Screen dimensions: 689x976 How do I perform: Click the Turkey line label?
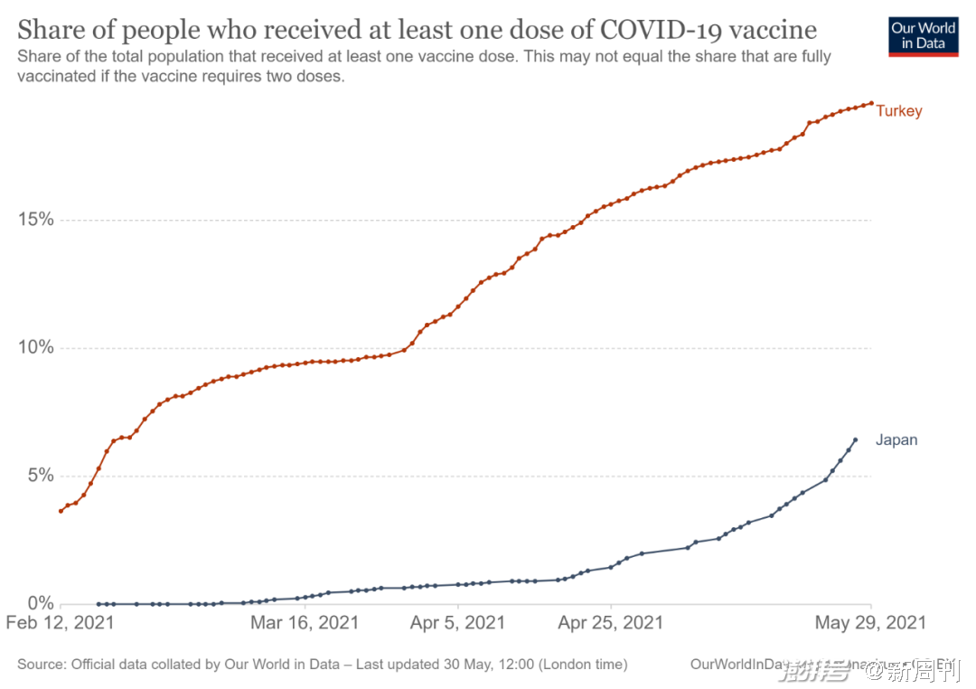pyautogui.click(x=898, y=111)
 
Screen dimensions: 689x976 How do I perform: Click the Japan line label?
pyautogui.click(x=896, y=440)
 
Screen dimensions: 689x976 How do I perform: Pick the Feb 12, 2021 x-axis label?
pyautogui.click(x=60, y=623)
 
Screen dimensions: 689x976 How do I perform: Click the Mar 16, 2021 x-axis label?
pyautogui.click(x=305, y=623)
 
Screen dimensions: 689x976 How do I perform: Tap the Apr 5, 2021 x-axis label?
pyautogui.click(x=458, y=623)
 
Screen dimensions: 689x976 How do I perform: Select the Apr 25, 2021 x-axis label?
pyautogui.click(x=611, y=623)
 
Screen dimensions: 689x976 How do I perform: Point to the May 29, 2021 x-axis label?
pyautogui.click(x=870, y=623)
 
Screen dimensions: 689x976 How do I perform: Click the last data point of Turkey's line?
pyautogui.click(x=871, y=103)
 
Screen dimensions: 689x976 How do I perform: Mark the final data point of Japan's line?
pyautogui.click(x=855, y=440)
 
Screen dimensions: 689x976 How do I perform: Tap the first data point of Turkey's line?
pyautogui.click(x=61, y=511)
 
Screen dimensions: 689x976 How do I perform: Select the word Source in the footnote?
pyautogui.click(x=41, y=665)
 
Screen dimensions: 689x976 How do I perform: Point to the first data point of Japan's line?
pyautogui.click(x=98, y=604)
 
